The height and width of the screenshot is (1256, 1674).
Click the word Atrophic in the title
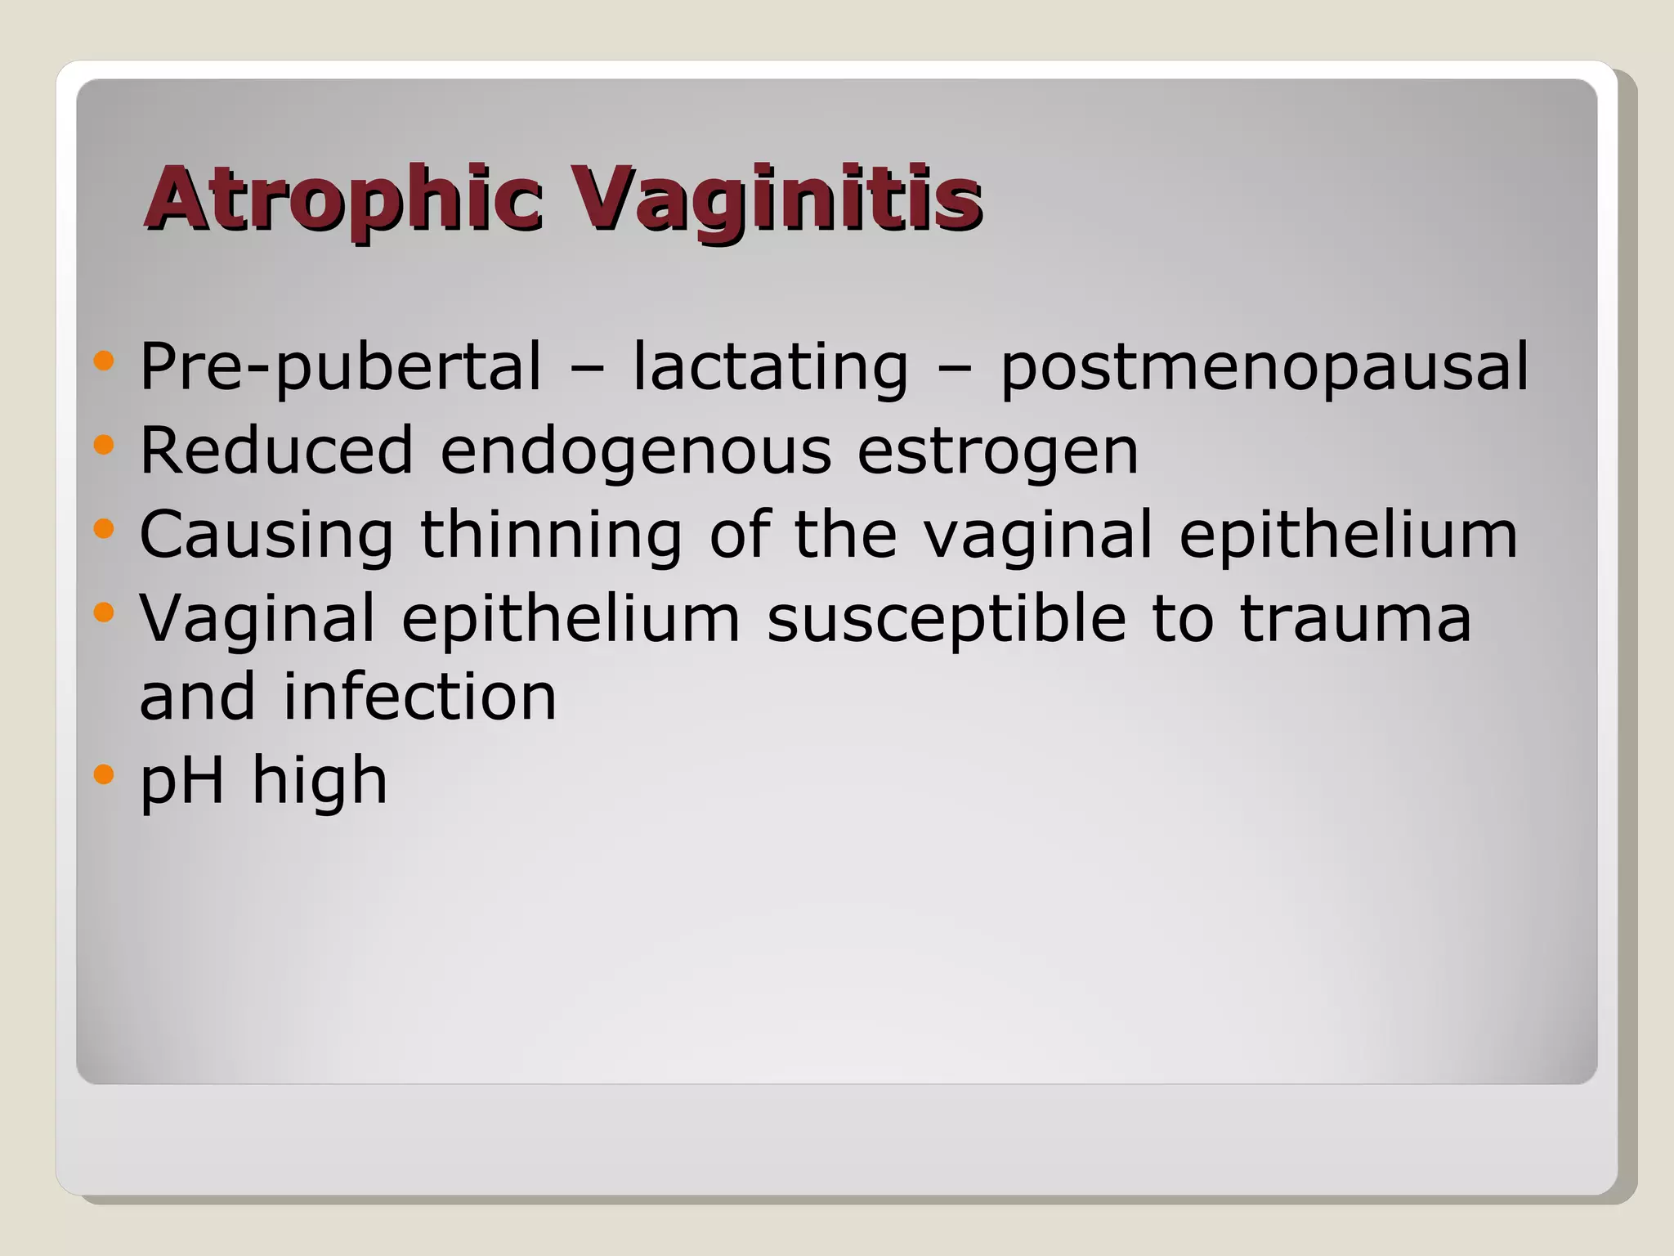[x=343, y=198]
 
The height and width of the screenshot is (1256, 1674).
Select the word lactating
[x=770, y=367]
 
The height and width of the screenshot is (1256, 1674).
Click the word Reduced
[x=276, y=451]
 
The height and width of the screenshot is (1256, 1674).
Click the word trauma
[x=1355, y=618]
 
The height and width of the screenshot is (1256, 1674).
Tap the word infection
[x=420, y=697]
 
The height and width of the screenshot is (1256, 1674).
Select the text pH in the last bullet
[x=182, y=781]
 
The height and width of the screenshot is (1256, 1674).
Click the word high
[x=319, y=781]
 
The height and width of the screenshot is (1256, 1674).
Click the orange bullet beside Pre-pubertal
[x=104, y=361]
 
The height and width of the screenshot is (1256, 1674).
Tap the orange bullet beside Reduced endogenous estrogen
[x=104, y=445]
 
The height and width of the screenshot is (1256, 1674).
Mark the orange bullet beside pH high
[x=104, y=774]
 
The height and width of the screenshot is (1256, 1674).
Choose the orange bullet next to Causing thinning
[x=104, y=528]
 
